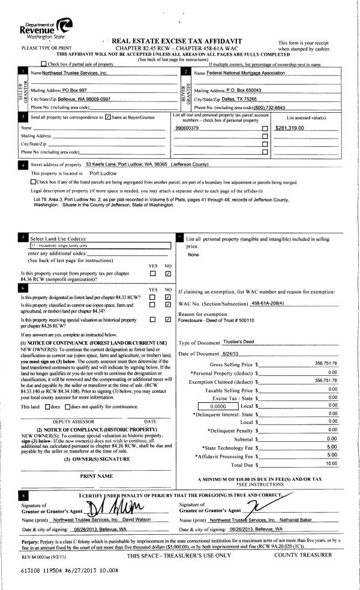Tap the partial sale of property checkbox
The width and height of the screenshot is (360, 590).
[43, 64]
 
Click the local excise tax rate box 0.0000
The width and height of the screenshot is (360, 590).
[221, 406]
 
